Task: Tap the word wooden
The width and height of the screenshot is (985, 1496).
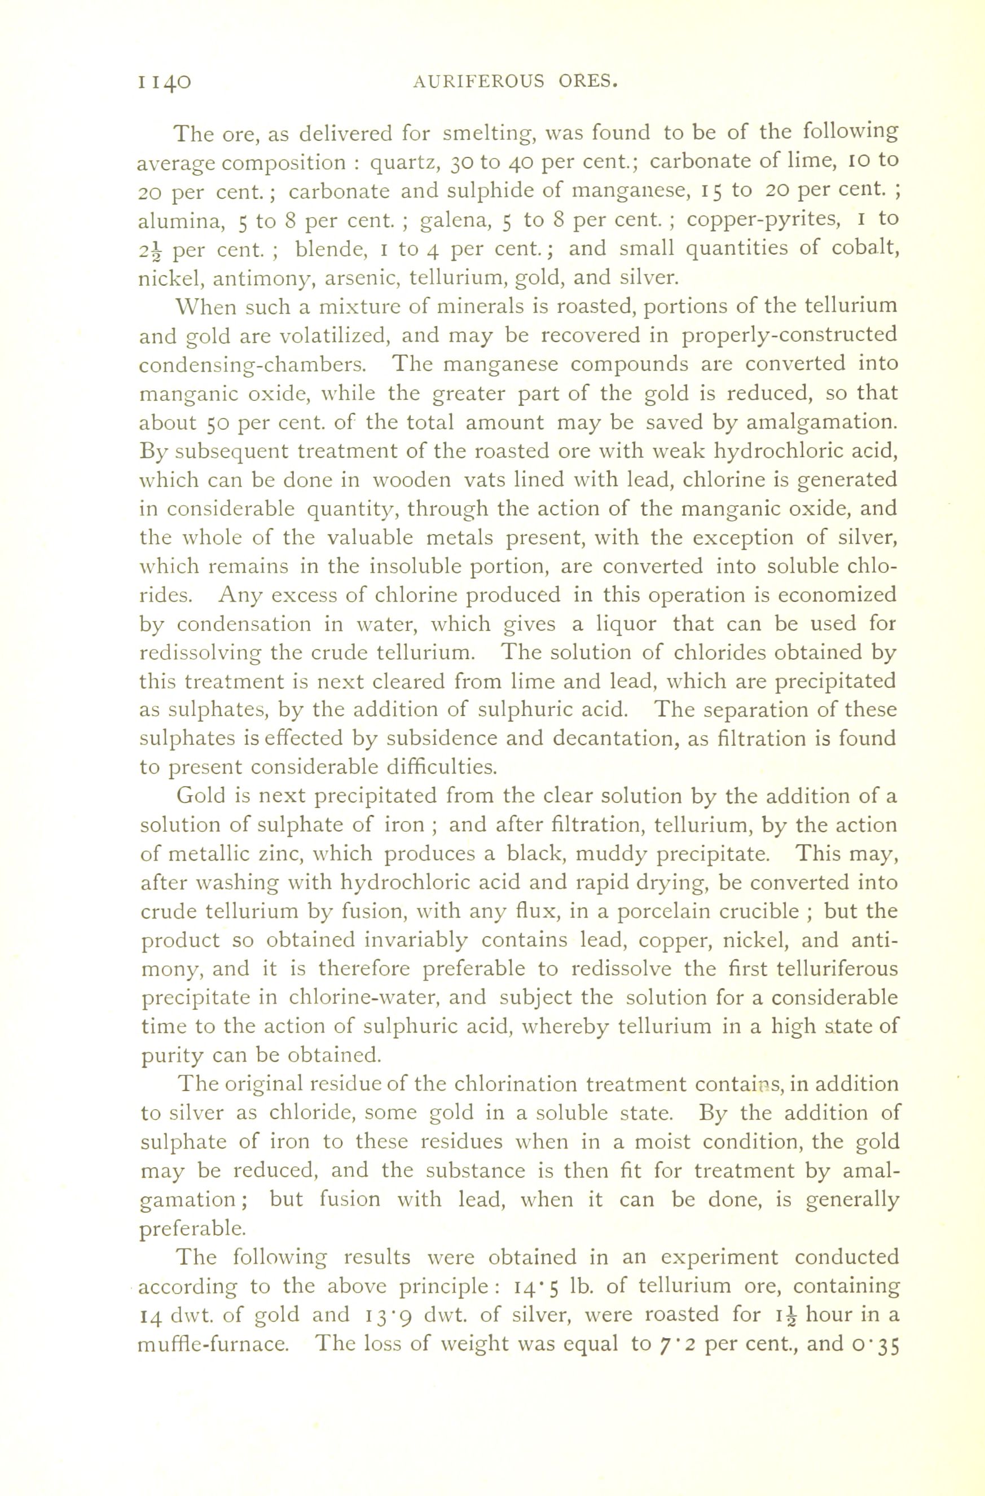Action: point(411,480)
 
